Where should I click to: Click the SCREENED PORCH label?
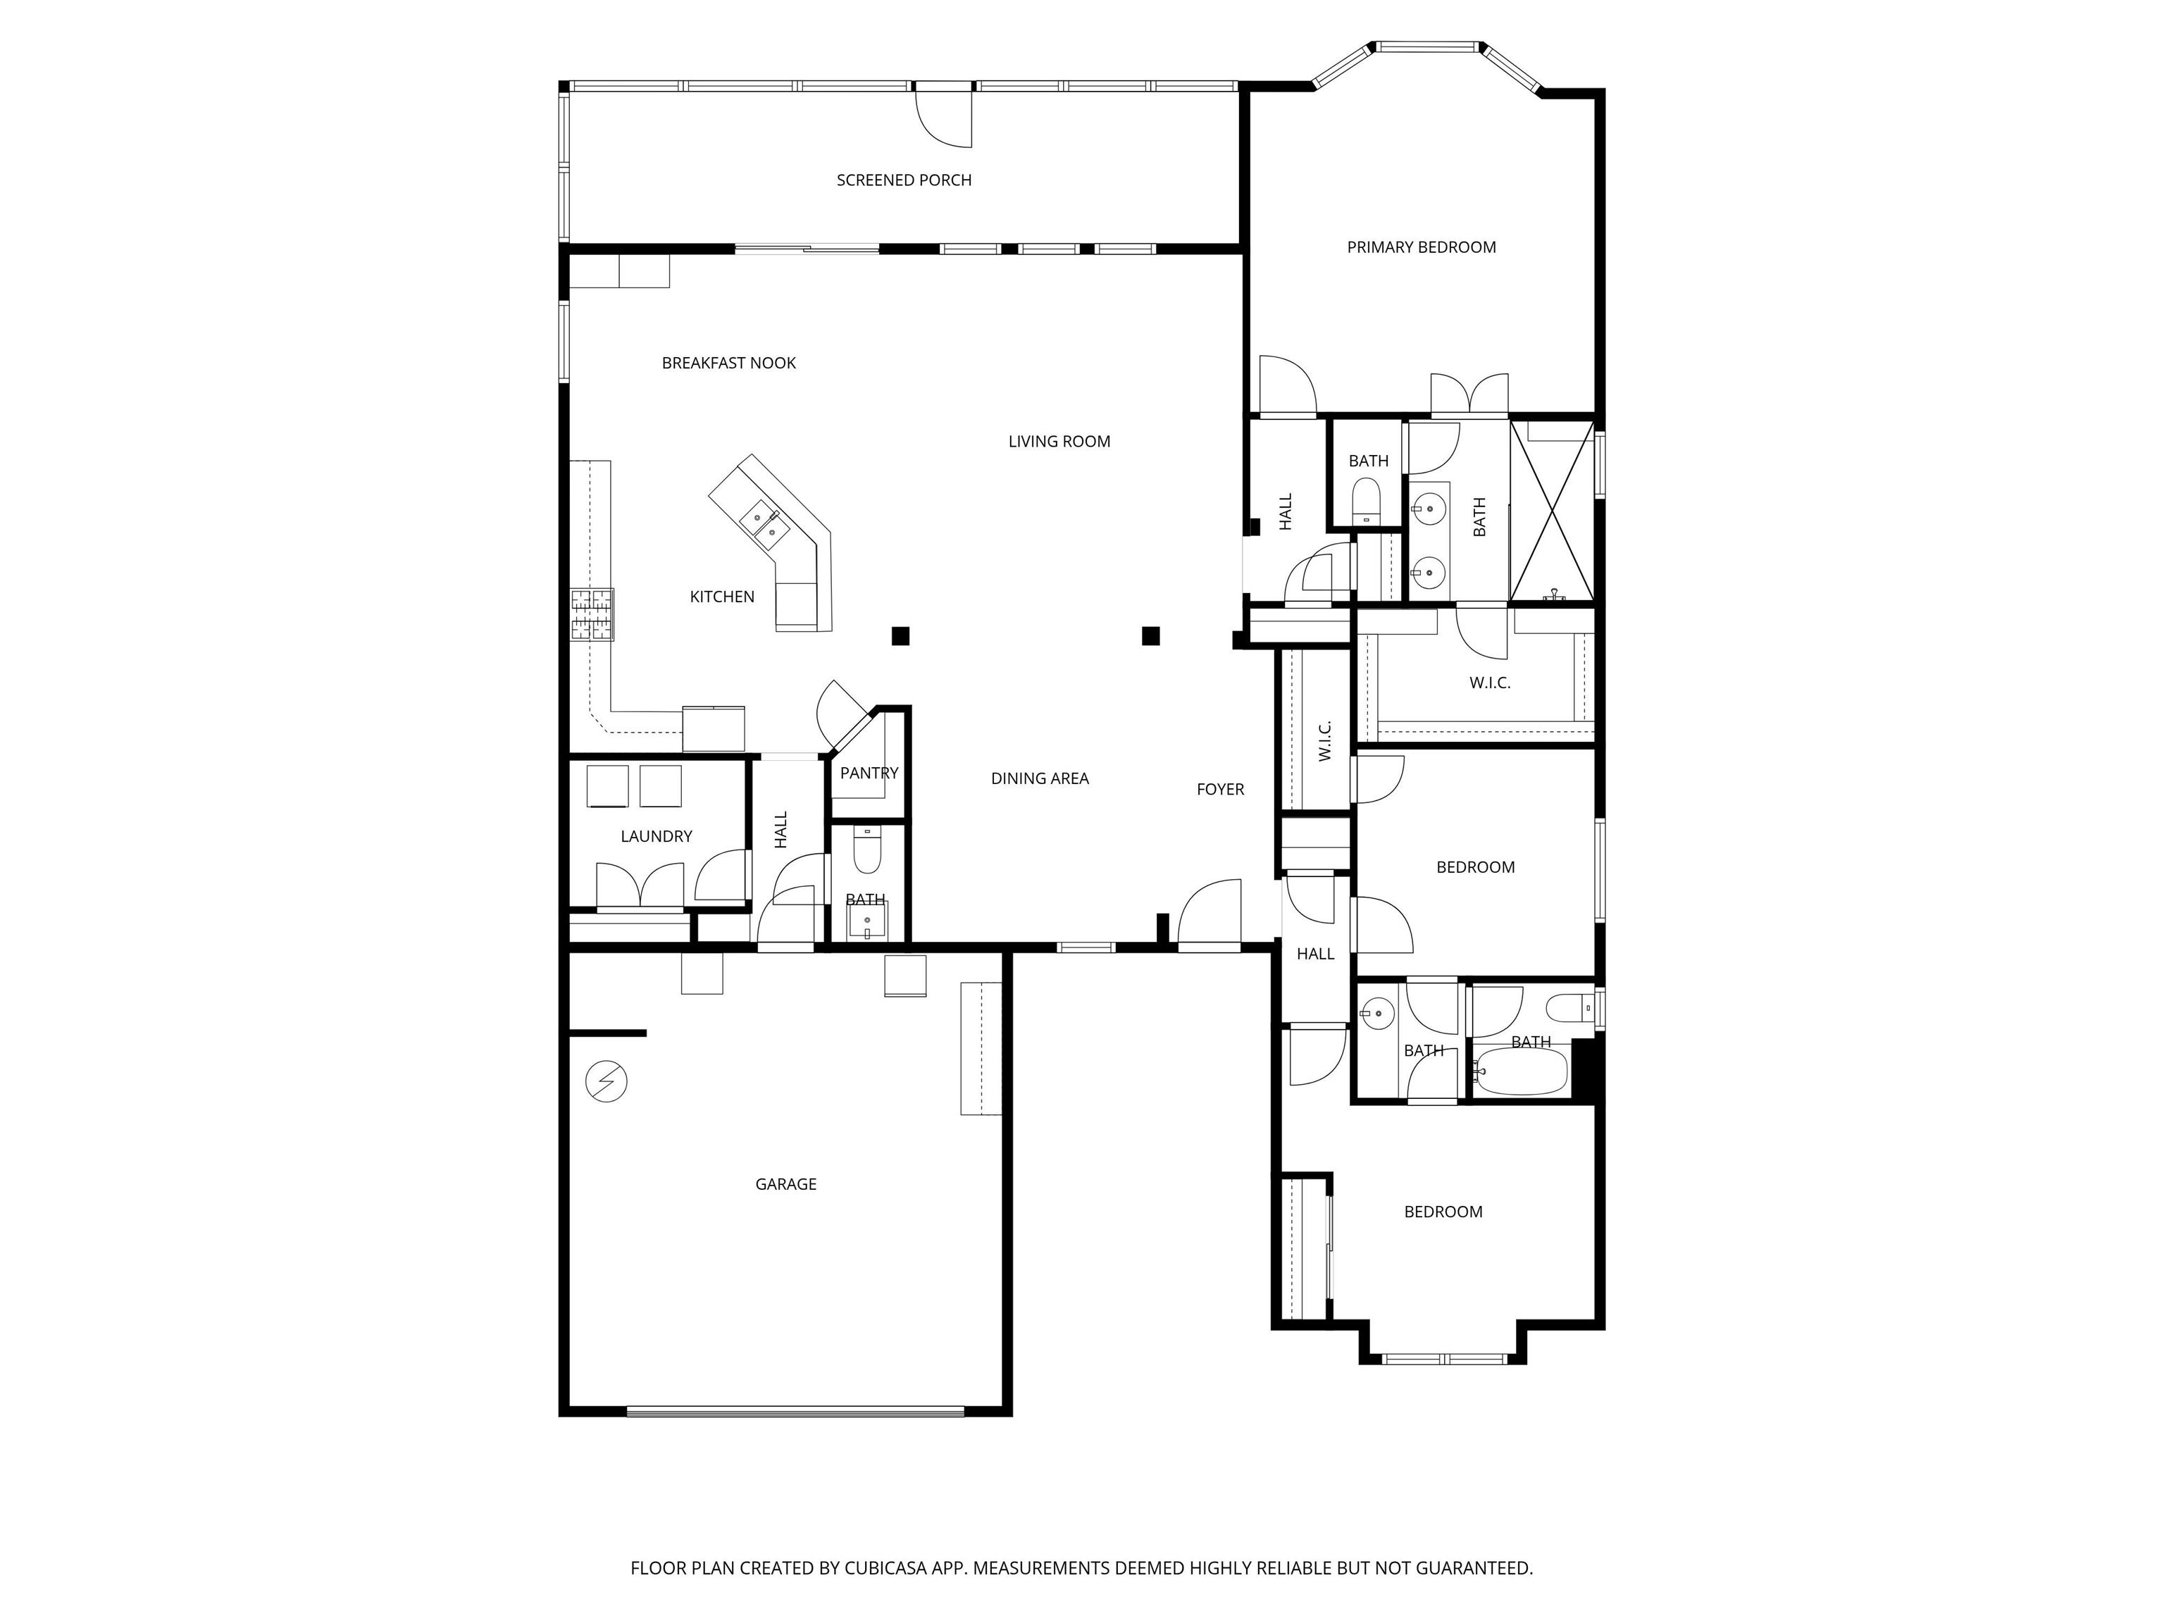pos(904,180)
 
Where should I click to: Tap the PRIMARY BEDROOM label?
pos(1422,247)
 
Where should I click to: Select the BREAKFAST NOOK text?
pos(729,363)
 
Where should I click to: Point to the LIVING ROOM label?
pos(1059,441)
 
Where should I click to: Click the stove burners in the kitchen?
pos(592,614)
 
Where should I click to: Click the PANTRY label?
pos(869,773)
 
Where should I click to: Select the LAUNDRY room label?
pos(657,836)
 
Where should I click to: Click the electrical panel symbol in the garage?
pos(606,1082)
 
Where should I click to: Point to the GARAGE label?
pos(785,1183)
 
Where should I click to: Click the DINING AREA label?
pos(1040,778)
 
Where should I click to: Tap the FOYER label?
pos(1221,790)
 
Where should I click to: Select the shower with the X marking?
pos(1553,511)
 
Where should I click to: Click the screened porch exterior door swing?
pos(943,116)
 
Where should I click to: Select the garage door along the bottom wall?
pos(795,1411)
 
